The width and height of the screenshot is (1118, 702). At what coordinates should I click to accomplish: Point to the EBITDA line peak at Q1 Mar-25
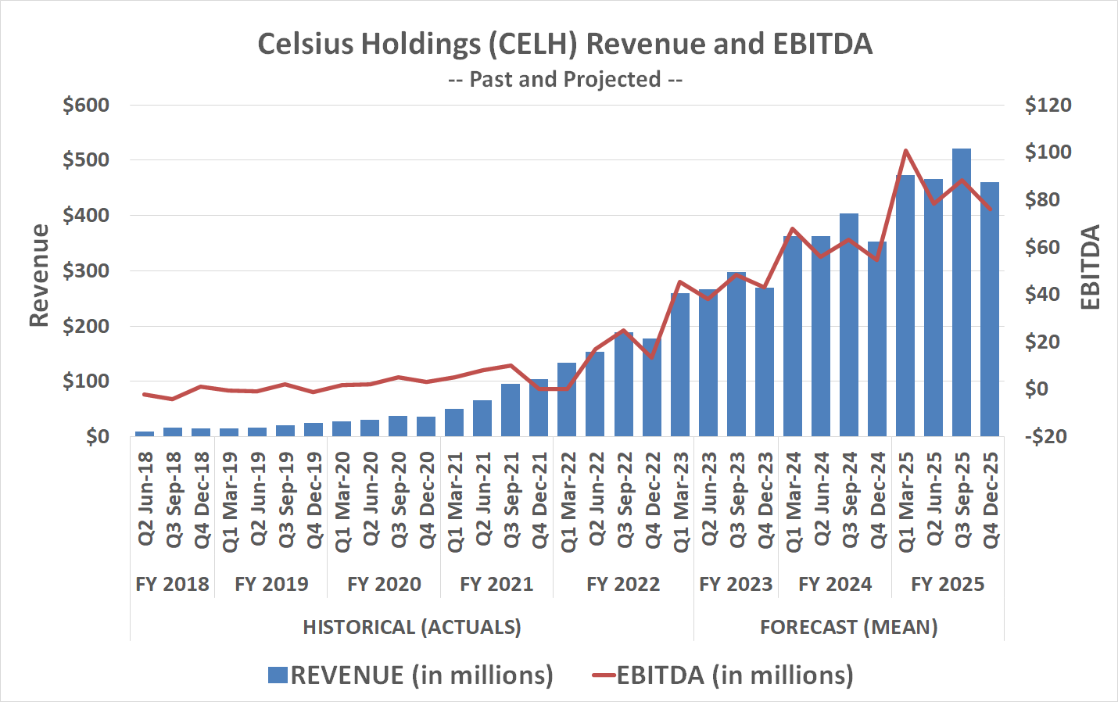coord(905,150)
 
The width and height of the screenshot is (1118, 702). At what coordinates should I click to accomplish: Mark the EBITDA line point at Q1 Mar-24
coord(793,229)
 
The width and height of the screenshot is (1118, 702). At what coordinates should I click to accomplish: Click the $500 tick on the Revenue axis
coord(86,160)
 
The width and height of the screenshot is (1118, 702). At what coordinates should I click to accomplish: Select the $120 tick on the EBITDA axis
coord(1048,106)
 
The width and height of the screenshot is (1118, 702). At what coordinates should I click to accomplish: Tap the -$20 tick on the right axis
coord(1046,436)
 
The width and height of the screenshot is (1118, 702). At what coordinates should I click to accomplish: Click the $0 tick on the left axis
coord(97,436)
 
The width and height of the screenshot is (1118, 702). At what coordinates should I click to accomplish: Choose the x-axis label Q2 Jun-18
coord(145,500)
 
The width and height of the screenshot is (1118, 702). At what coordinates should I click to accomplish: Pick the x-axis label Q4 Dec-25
coord(990,500)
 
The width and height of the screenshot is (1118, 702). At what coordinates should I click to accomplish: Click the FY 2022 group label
coord(623,584)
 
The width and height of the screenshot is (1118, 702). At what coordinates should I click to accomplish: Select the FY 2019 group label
coord(271,584)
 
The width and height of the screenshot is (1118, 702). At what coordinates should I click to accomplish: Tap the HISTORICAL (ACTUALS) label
coord(411,627)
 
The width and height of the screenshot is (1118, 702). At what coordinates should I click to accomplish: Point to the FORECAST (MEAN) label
coord(848,627)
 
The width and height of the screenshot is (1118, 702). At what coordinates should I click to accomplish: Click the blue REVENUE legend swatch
coord(278,675)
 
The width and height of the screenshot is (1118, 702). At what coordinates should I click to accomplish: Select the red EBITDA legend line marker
coord(604,675)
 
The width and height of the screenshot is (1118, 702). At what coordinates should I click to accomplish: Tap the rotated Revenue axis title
coord(39,275)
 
